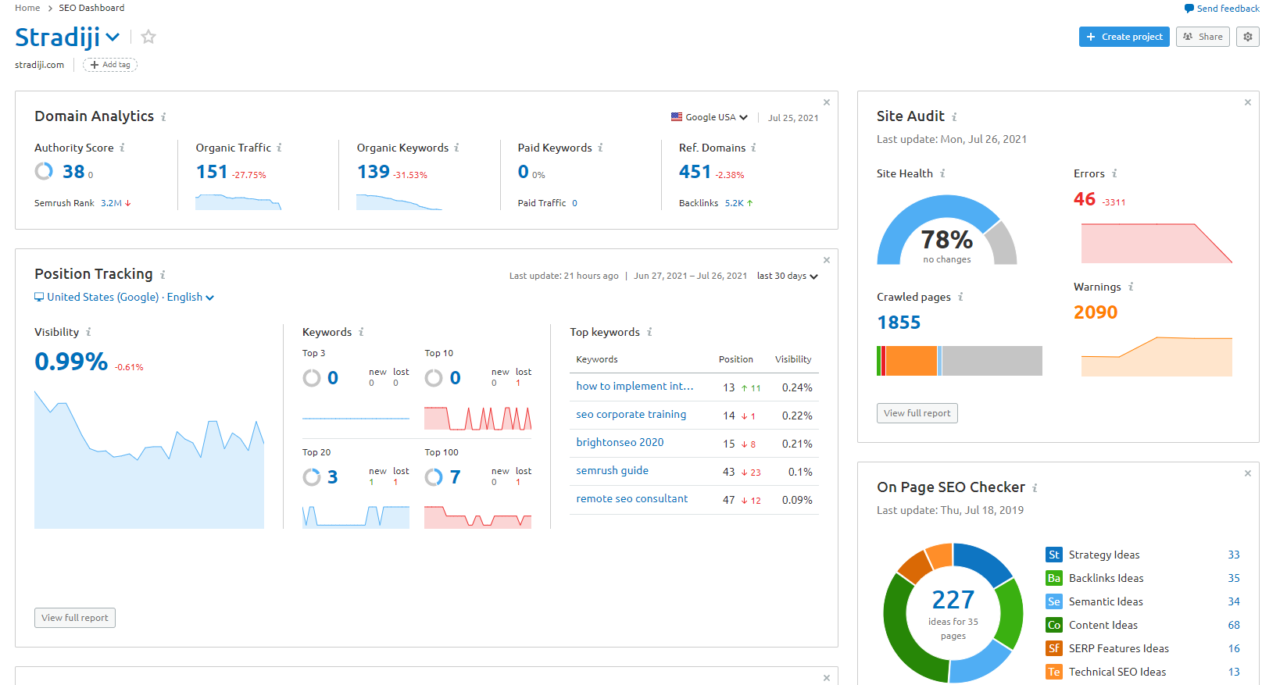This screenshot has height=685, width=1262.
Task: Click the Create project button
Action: pyautogui.click(x=1124, y=37)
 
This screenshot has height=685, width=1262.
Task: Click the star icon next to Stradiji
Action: pyautogui.click(x=148, y=37)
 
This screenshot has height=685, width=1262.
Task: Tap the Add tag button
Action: pyautogui.click(x=110, y=65)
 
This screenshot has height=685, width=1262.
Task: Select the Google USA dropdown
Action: pyautogui.click(x=709, y=117)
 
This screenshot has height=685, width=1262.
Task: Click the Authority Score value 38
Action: pyautogui.click(x=73, y=172)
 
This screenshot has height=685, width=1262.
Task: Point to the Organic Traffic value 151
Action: pyautogui.click(x=212, y=172)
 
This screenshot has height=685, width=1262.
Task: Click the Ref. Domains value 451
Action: pyautogui.click(x=695, y=172)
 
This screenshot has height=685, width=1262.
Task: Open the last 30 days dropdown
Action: pyautogui.click(x=787, y=276)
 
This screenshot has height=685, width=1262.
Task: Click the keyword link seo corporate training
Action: pyautogui.click(x=631, y=415)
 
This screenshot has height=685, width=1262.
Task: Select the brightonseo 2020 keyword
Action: pyautogui.click(x=620, y=442)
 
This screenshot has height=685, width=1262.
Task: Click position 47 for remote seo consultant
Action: pyautogui.click(x=728, y=500)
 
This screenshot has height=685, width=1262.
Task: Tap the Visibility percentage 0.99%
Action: pyautogui.click(x=71, y=362)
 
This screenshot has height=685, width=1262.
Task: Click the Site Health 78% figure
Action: pyautogui.click(x=946, y=240)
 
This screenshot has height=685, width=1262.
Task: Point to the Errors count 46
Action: pyautogui.click(x=1084, y=199)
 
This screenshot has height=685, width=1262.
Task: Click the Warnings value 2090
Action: pyautogui.click(x=1095, y=312)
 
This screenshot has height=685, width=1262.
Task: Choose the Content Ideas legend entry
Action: pyautogui.click(x=1103, y=625)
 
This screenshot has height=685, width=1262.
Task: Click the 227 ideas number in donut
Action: pyautogui.click(x=953, y=600)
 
